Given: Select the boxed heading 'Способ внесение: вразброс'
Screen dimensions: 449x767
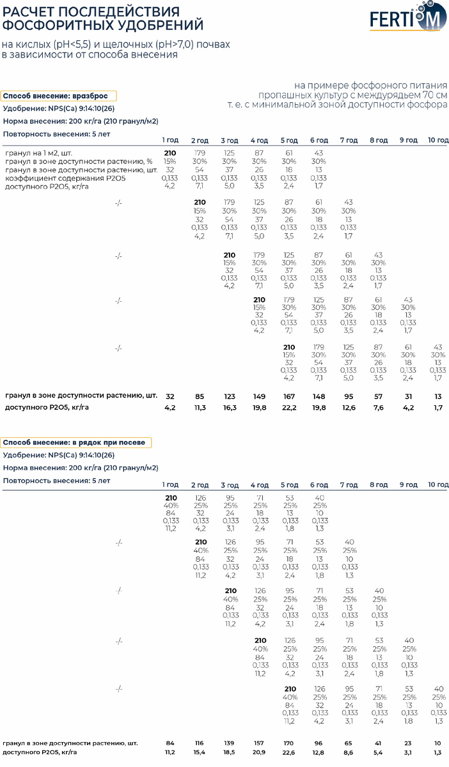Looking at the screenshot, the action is pos(59,96).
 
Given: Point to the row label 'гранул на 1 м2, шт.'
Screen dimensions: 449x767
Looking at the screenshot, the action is pos(39,153).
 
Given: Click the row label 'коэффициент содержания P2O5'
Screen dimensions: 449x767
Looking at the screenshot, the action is pos(65,178).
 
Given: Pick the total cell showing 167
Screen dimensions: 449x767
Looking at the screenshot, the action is pos(289,396).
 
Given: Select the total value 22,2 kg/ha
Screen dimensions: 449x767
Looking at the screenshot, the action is pos(289,408).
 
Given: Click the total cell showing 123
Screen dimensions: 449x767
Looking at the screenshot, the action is pos(230,396).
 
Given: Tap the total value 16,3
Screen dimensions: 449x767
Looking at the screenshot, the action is pos(230,408).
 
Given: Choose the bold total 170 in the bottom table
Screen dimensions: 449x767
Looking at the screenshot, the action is pos(288,743).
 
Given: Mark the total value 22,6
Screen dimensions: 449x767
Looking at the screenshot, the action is pos(288,752).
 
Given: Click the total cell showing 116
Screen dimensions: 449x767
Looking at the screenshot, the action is pos(199,743).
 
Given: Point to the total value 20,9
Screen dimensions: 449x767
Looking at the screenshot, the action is pos(259,752).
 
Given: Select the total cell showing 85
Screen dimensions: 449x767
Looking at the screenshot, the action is pos(200,396).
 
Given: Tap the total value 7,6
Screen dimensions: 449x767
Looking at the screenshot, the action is pos(379,408).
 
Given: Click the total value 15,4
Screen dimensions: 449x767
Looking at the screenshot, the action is pos(199,752).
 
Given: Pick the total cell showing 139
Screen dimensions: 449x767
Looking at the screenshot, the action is pos(229,743).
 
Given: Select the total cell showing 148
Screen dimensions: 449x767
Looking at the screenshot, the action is pos(319,396).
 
